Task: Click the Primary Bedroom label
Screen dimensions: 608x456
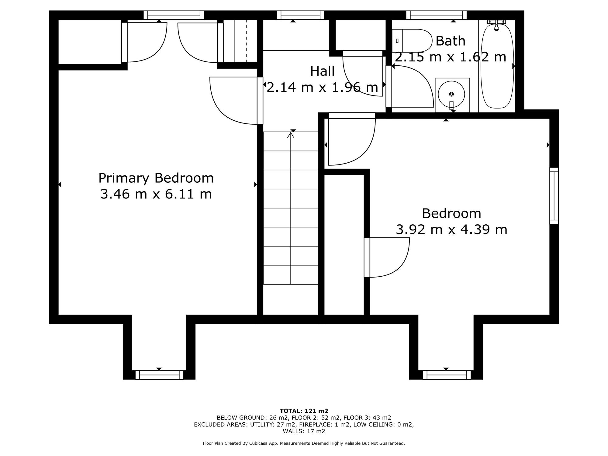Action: pos(156,178)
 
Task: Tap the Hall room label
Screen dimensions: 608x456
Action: pos(322,71)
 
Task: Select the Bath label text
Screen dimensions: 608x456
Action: pos(450,41)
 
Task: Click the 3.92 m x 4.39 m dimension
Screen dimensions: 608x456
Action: pos(451,230)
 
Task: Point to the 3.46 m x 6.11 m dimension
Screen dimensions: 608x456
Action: pos(156,194)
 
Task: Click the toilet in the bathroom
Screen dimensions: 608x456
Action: pos(412,41)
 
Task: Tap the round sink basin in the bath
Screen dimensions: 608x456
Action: pos(451,94)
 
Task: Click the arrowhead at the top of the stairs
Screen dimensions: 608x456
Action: pos(291,135)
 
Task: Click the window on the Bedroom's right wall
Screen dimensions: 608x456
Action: pos(554,196)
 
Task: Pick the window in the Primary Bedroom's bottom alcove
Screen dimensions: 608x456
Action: pos(159,375)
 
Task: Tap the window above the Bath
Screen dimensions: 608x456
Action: pos(436,15)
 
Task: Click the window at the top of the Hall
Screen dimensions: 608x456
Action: pos(300,15)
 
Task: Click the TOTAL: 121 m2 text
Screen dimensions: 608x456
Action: pos(304,411)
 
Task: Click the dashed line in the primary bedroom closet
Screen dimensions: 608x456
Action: pos(246,41)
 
